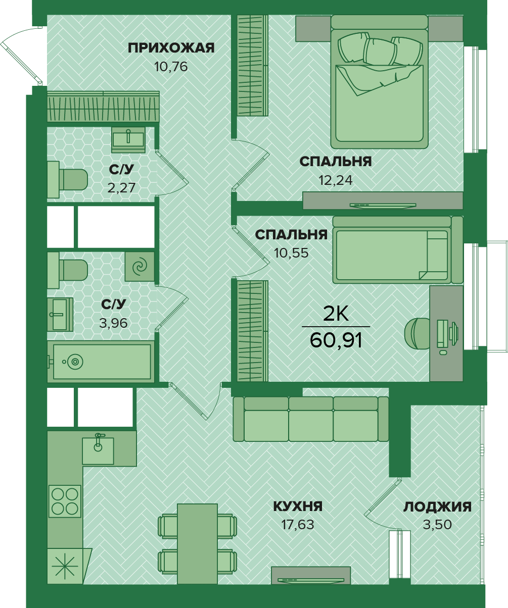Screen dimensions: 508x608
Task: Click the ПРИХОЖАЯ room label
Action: point(171,48)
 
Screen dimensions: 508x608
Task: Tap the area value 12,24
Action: point(336,181)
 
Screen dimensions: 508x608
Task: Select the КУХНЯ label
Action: point(298,506)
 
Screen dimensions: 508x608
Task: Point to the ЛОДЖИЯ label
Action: point(437,507)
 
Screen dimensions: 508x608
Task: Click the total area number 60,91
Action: point(336,340)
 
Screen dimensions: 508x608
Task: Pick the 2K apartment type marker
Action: point(336,314)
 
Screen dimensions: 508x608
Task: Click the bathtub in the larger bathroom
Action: point(101,362)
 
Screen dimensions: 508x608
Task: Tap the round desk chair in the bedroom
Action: point(418,334)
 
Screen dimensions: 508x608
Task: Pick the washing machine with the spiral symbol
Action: point(140,267)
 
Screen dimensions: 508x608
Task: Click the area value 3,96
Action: point(113,323)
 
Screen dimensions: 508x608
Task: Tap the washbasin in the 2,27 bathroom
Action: point(128,139)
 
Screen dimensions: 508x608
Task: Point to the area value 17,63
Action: point(298,525)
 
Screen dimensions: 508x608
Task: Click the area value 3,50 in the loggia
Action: point(437,525)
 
